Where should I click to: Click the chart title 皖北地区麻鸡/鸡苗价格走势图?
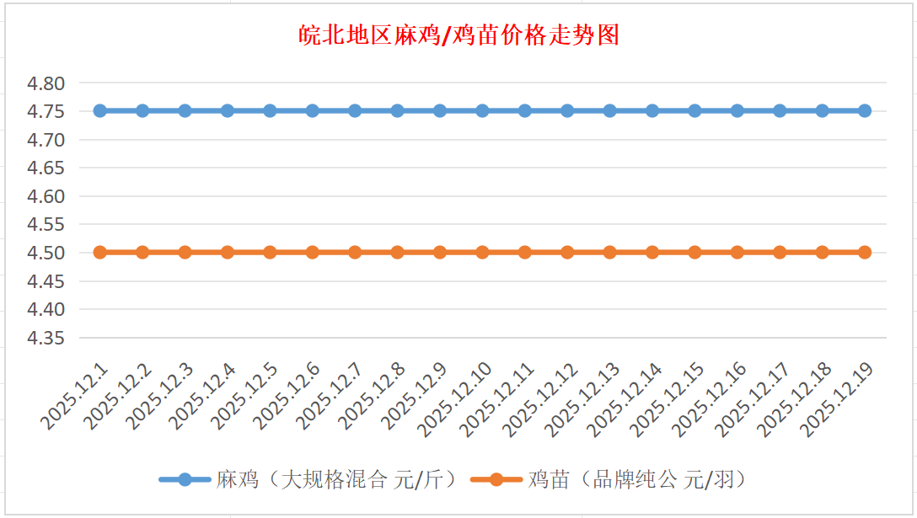click(459, 35)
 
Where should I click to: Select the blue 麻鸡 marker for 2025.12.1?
click(100, 110)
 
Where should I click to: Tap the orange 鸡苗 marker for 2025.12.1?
click(100, 252)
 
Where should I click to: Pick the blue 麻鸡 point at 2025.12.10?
click(482, 110)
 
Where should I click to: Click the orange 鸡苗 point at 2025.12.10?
click(482, 252)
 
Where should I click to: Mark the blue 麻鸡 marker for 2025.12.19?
click(865, 110)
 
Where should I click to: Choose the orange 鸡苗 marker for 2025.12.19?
click(865, 252)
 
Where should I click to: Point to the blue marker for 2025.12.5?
click(270, 110)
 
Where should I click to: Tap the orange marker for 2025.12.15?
click(694, 252)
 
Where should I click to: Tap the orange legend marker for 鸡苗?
click(496, 480)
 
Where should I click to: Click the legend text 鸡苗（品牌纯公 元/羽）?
click(638, 480)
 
